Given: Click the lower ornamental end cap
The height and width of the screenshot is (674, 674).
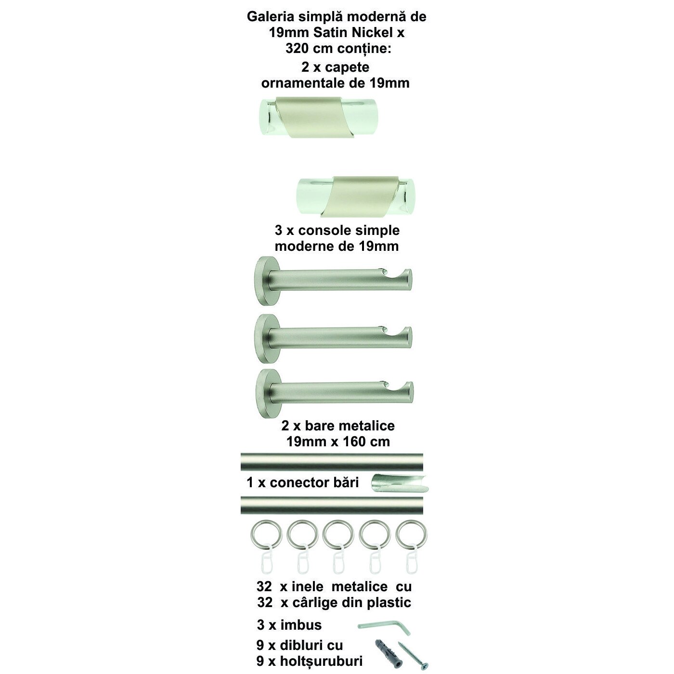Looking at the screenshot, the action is point(356,196).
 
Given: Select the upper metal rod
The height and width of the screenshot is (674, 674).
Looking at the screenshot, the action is point(332,462).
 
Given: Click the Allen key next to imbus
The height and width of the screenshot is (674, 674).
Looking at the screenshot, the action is point(384,625).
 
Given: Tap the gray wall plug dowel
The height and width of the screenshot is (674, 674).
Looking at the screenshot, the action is point(388,649).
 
